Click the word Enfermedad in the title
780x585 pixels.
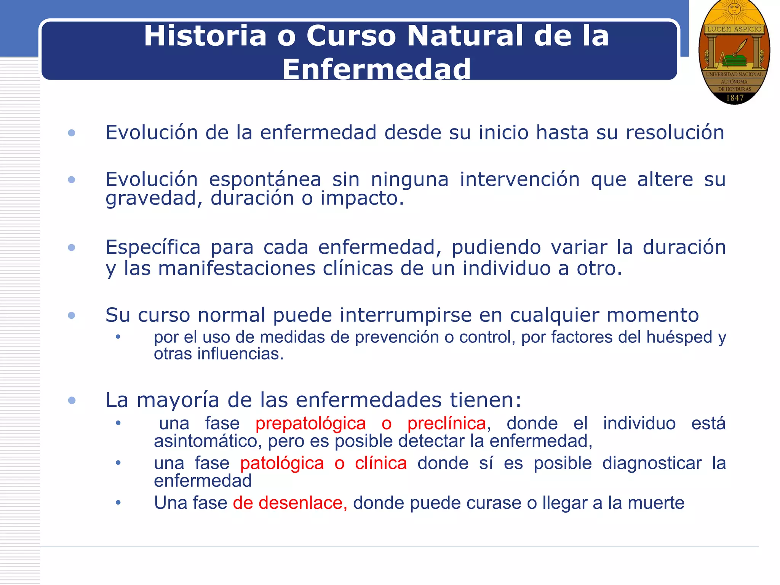(376, 69)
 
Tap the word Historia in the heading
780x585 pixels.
(205, 36)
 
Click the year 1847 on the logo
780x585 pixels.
(735, 98)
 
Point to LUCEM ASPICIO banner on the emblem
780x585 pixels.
(734, 29)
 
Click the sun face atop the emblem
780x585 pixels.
(734, 8)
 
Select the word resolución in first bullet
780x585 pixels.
(675, 133)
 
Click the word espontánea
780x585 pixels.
(265, 179)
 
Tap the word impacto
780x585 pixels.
(361, 198)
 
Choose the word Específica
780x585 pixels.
(153, 247)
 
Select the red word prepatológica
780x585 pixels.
(310, 424)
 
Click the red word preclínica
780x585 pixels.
(447, 424)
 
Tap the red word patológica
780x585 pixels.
(282, 464)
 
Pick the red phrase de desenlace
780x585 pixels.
(289, 503)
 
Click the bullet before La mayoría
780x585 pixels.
(72, 400)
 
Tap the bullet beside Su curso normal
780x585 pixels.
(72, 315)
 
